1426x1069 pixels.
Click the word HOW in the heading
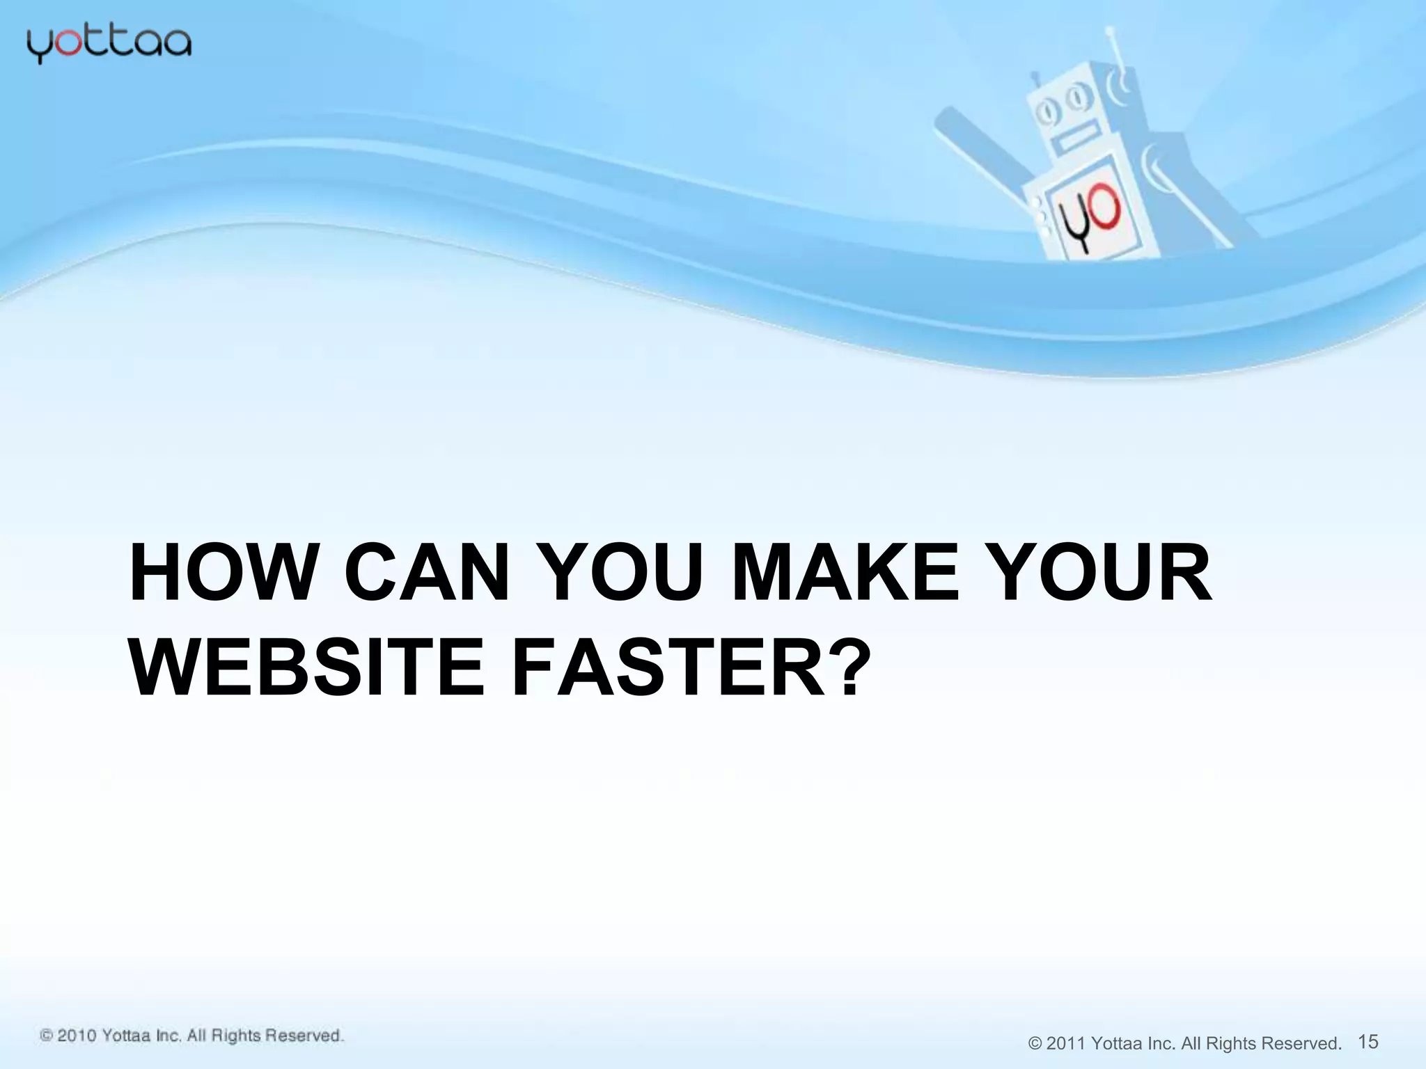pyautogui.click(x=221, y=575)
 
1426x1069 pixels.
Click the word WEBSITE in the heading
pyautogui.click(x=306, y=670)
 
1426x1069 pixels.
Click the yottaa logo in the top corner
pyautogui.click(x=109, y=45)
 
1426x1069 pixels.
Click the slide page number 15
pyautogui.click(x=1368, y=1041)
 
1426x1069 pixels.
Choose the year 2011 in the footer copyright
pyautogui.click(x=1065, y=1043)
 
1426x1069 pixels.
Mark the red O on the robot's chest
pyautogui.click(x=1104, y=211)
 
